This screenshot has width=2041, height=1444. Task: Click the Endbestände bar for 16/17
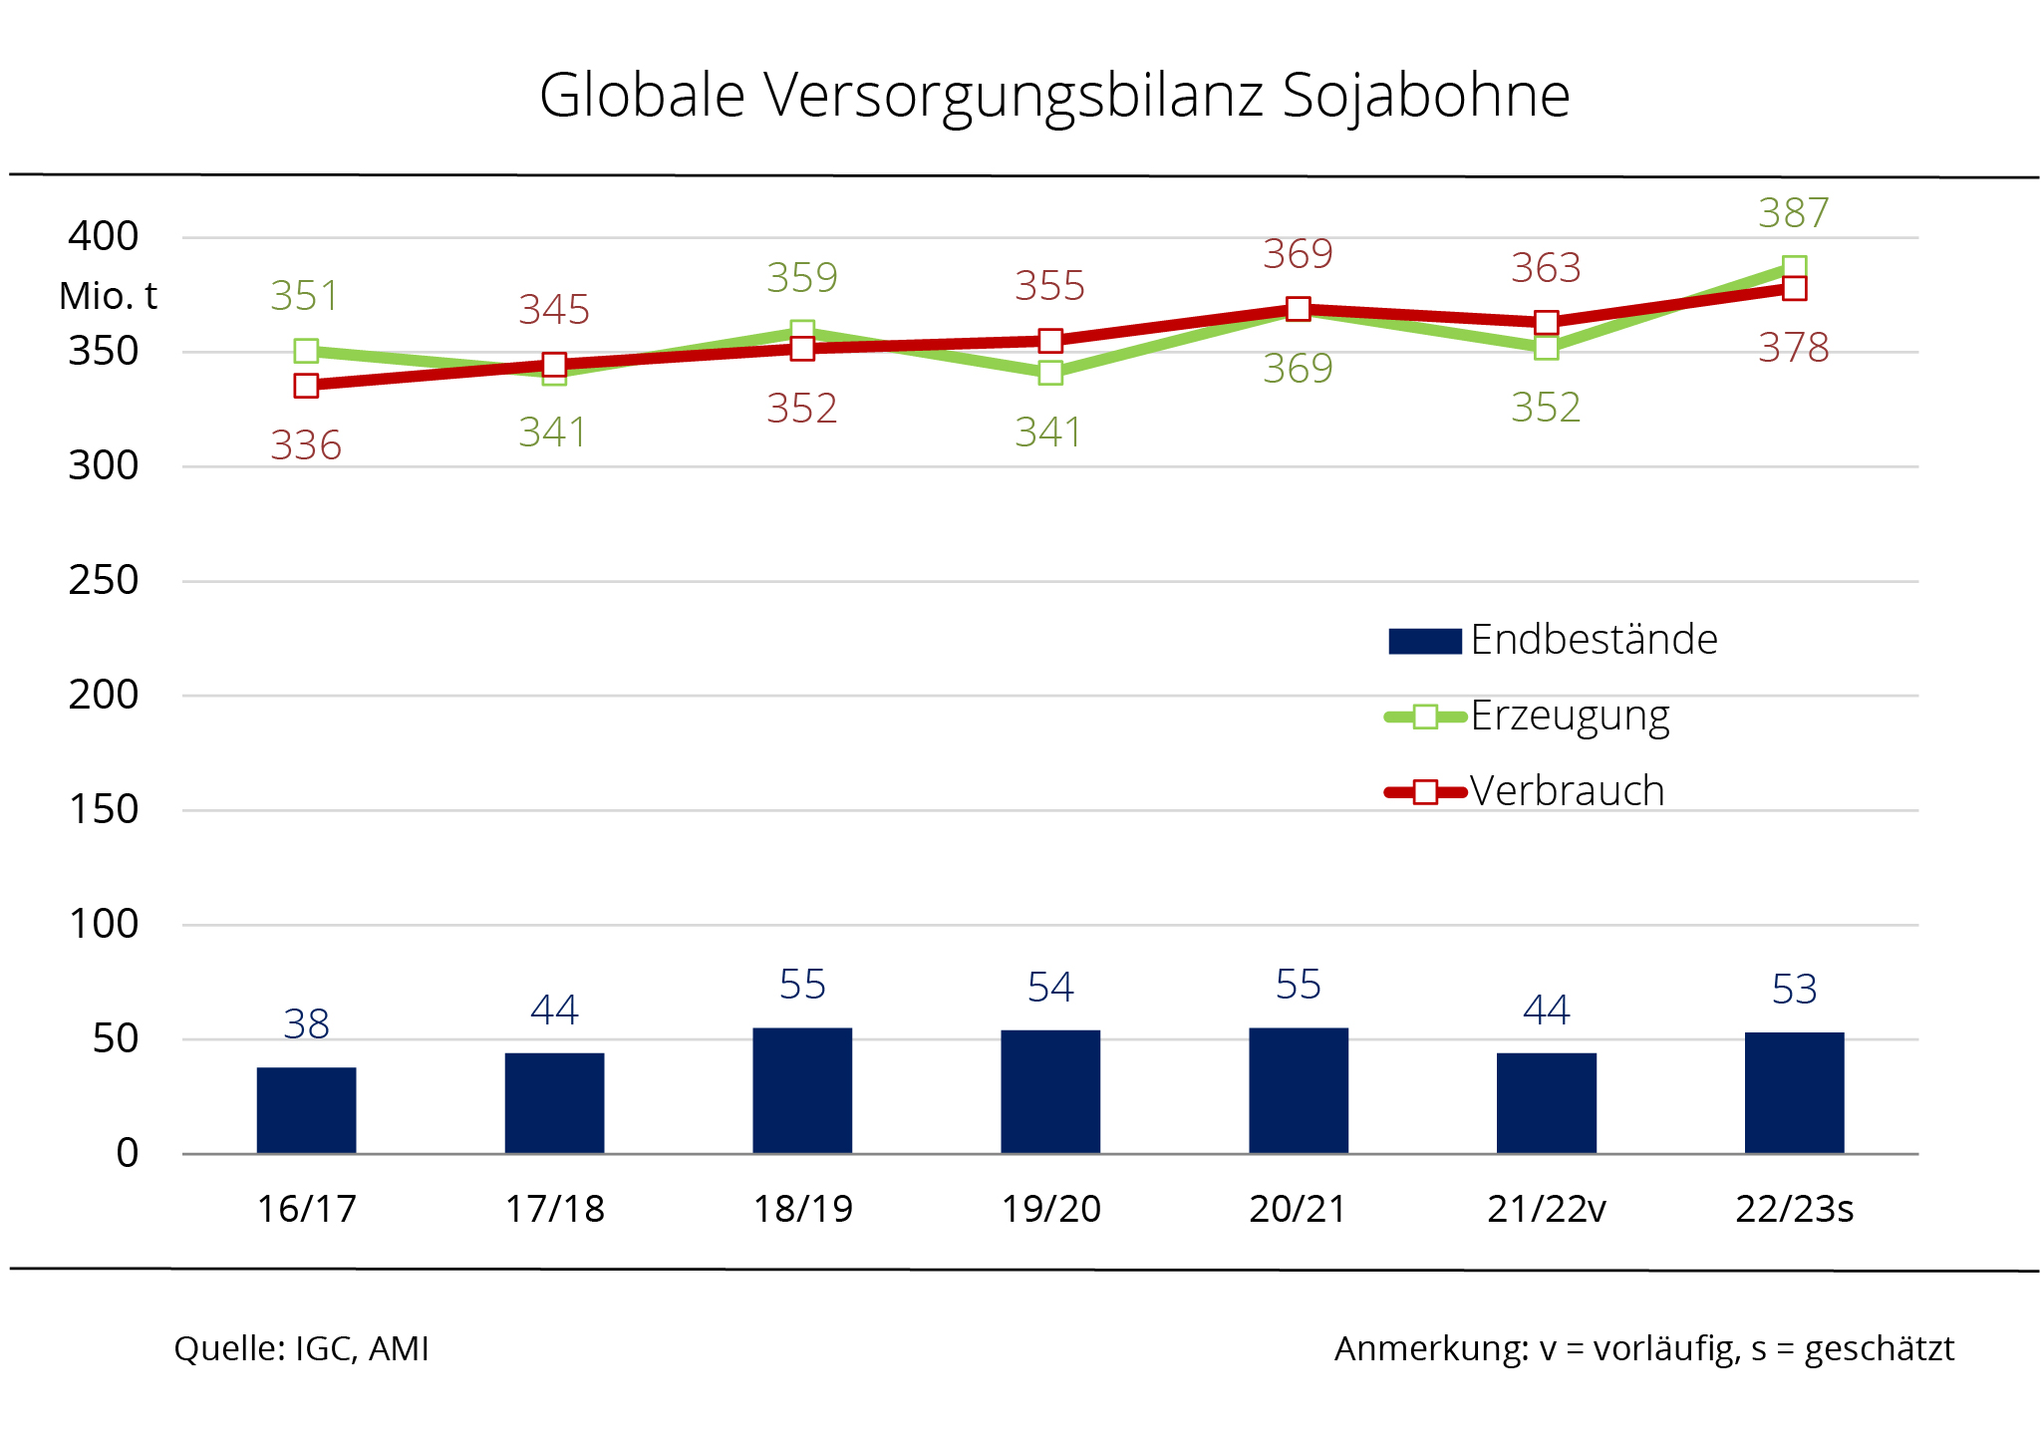(x=306, y=1110)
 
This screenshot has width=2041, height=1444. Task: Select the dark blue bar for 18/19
(x=802, y=1090)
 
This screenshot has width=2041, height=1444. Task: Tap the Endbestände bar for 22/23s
(x=1794, y=1092)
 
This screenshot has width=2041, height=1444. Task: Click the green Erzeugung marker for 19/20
(x=1050, y=373)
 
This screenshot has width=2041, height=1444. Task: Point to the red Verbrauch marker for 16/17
(x=306, y=386)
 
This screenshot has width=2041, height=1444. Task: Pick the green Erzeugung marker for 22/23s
(x=1794, y=268)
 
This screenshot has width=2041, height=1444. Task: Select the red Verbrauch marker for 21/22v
(x=1546, y=322)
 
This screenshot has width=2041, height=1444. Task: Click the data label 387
(x=1793, y=213)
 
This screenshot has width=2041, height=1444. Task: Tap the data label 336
(x=306, y=445)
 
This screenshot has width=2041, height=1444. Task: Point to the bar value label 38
(x=306, y=1024)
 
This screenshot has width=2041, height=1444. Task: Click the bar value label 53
(x=1794, y=990)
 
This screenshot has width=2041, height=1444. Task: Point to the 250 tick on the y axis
(x=103, y=580)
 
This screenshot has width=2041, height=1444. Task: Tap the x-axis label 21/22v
(x=1546, y=1209)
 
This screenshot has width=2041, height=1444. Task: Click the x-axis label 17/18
(x=554, y=1209)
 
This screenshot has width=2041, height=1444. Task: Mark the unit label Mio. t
(x=108, y=296)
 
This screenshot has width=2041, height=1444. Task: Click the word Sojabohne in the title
(x=1425, y=96)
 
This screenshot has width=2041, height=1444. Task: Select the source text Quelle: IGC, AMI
(x=301, y=1348)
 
